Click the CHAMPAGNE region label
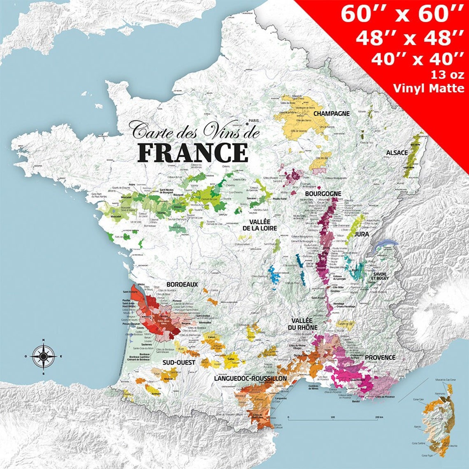(331, 113)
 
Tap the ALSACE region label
(397, 153)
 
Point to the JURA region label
(362, 234)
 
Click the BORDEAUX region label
(182, 284)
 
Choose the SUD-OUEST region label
(179, 362)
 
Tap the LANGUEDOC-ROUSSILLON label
(250, 378)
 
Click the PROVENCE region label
(380, 358)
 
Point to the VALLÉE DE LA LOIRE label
(259, 225)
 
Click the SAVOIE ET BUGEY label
(381, 276)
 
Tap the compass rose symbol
(44, 356)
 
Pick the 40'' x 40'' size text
(417, 59)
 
